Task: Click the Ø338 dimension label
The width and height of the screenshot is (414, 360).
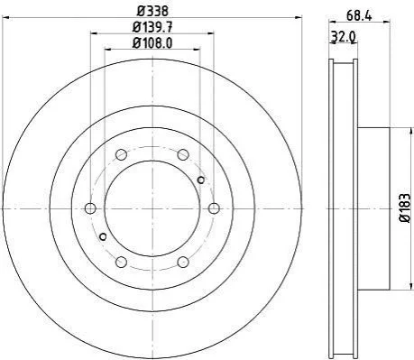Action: (x=152, y=12)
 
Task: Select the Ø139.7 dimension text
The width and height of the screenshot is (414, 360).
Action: (x=152, y=28)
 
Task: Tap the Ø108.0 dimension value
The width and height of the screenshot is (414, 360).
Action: (x=152, y=43)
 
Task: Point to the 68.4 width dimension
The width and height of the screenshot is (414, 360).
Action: (x=359, y=15)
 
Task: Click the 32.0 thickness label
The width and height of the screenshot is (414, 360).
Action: (x=343, y=37)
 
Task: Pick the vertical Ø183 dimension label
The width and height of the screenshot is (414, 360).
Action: (x=405, y=208)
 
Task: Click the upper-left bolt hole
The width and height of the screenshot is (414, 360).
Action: (x=121, y=154)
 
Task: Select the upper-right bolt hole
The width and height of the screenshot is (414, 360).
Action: (x=183, y=154)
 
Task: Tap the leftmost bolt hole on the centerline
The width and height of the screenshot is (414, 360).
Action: (x=90, y=208)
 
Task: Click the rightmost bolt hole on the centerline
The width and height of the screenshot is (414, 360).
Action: (x=214, y=208)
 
